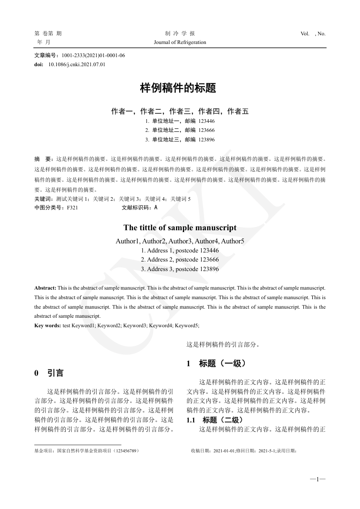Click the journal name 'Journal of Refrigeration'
click(180, 42)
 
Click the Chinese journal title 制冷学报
click(180, 34)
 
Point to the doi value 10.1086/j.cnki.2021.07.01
click(77, 64)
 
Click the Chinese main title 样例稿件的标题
click(180, 88)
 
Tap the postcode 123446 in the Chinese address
click(206, 121)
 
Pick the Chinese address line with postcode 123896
click(180, 140)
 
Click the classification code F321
click(72, 208)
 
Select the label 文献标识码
click(137, 208)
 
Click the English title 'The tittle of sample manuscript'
click(180, 228)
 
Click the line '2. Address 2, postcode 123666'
click(180, 260)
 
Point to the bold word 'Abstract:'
click(45, 288)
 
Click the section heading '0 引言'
click(49, 373)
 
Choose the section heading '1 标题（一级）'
click(216, 363)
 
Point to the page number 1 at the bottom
click(318, 479)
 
